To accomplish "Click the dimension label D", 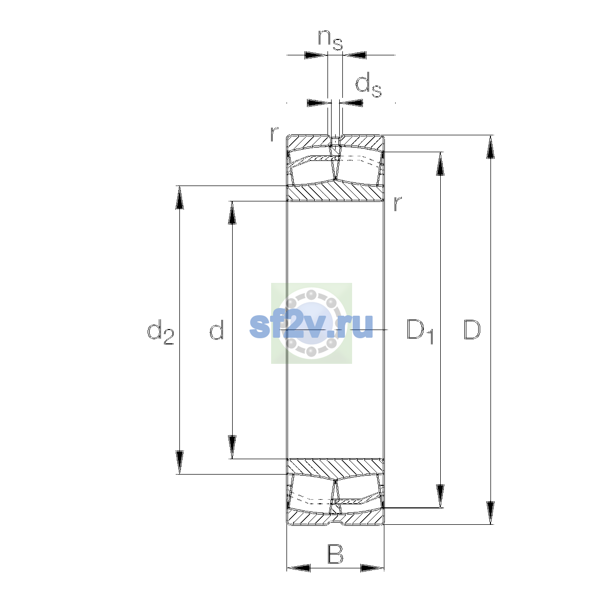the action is (471, 330).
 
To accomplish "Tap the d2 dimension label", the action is (160, 332).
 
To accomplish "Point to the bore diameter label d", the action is (217, 330).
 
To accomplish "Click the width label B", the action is (335, 555).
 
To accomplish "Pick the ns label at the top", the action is (331, 40).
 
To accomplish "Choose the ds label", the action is (368, 85).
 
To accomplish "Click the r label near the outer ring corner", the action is (274, 134).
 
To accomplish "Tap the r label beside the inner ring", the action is (397, 203).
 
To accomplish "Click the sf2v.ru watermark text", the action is (311, 325).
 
